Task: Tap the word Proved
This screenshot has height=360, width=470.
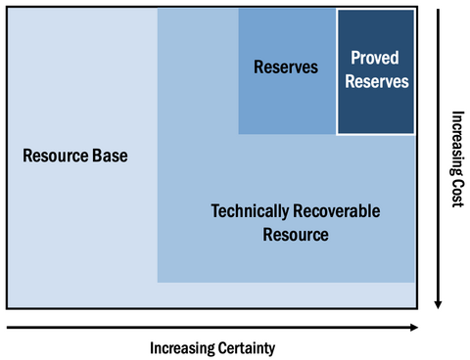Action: (x=375, y=60)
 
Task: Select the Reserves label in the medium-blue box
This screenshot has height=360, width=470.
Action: (x=286, y=67)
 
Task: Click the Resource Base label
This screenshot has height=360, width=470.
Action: (x=76, y=156)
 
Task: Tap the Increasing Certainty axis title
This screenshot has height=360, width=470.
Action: (x=212, y=347)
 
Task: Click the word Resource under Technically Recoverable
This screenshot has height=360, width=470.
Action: (x=296, y=235)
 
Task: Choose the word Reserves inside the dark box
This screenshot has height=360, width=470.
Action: (x=375, y=82)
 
